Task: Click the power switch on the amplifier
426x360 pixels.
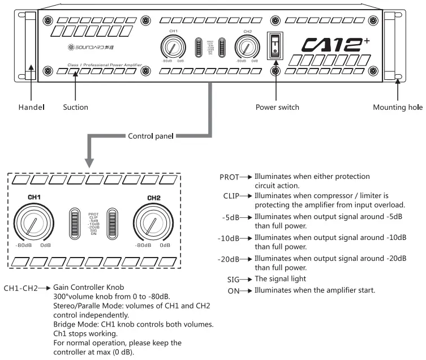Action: click(x=276, y=45)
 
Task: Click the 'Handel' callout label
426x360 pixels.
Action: click(x=31, y=107)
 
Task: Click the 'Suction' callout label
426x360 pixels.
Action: click(x=75, y=107)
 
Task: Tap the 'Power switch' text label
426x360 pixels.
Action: click(x=277, y=107)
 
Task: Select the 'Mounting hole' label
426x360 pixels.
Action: click(x=398, y=107)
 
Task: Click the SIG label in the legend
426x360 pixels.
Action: click(x=233, y=280)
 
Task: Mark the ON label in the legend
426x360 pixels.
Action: click(x=234, y=291)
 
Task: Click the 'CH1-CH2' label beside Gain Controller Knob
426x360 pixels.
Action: click(x=20, y=288)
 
